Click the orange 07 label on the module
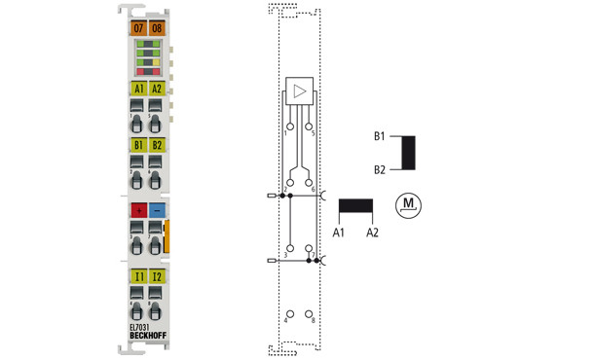tap(138, 28)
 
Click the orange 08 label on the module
tap(157, 28)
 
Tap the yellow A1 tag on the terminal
tap(138, 89)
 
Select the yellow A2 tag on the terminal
tap(157, 89)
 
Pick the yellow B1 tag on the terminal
tap(138, 146)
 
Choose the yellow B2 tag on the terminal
tap(157, 146)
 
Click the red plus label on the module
tap(138, 210)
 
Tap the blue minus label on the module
tap(157, 210)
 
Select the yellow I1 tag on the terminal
tap(138, 277)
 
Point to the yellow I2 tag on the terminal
tap(157, 277)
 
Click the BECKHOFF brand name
tap(148, 336)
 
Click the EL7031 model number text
tap(141, 326)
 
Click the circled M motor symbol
tap(409, 205)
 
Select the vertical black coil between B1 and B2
tap(409, 153)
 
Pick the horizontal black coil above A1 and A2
tap(355, 207)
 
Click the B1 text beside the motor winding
tap(379, 136)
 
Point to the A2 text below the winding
tap(371, 233)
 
